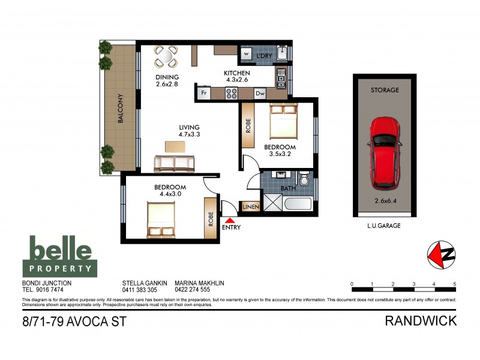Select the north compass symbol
click(x=440, y=255)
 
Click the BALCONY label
click(x=120, y=109)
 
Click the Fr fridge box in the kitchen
click(x=204, y=94)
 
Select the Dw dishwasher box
click(x=260, y=94)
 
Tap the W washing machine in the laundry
click(x=247, y=55)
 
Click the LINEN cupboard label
click(x=250, y=207)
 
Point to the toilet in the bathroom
click(x=304, y=179)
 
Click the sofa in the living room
click(x=175, y=163)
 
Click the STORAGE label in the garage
click(x=384, y=90)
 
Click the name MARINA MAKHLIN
click(x=200, y=283)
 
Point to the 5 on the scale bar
click(x=455, y=284)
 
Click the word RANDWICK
click(x=420, y=321)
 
